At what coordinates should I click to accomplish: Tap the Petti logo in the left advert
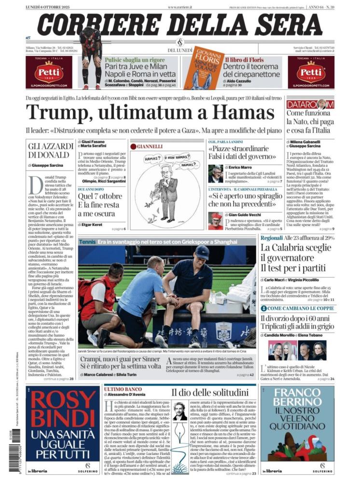(x=49, y=71)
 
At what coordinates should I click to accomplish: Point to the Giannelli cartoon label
(x=149, y=146)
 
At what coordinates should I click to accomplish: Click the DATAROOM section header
(x=309, y=104)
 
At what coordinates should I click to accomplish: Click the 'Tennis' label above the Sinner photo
(x=87, y=241)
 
